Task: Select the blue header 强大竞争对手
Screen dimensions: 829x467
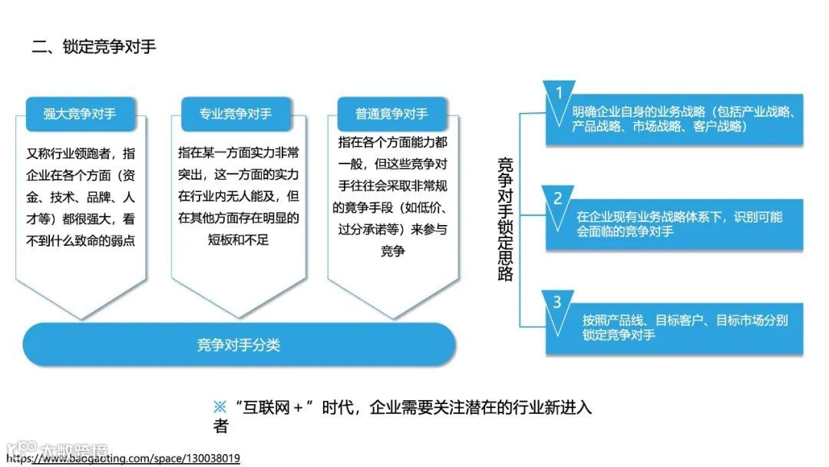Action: point(80,114)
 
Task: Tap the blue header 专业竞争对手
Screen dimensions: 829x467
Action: point(236,114)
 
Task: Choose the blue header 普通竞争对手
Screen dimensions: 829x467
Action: point(391,114)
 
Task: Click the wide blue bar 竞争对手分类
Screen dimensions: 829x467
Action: point(239,345)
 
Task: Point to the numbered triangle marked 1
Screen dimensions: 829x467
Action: point(559,93)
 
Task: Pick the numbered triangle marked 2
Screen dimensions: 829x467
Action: point(559,198)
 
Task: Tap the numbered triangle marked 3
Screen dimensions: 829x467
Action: point(558,301)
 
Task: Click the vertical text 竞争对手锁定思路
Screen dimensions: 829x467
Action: point(505,220)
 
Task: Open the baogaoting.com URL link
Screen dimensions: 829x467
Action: point(123,459)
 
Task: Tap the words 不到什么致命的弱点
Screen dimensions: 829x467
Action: point(80,240)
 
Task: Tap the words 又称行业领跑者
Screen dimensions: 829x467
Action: point(69,153)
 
